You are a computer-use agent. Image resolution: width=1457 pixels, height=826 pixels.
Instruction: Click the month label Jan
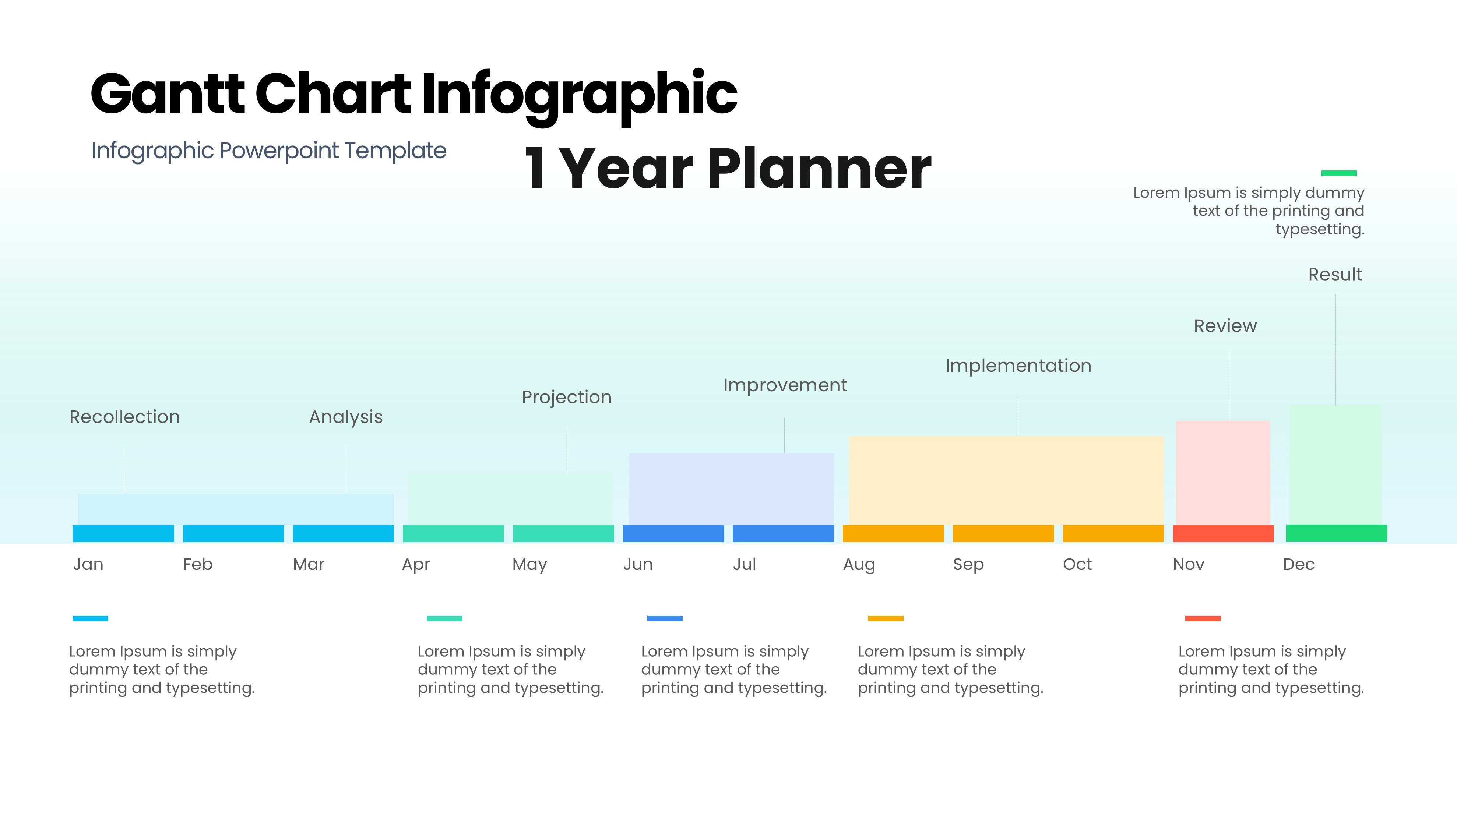[88, 565]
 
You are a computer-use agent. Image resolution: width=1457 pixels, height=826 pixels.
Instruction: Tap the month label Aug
[859, 565]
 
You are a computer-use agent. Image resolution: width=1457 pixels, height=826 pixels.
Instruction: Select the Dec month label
[1299, 565]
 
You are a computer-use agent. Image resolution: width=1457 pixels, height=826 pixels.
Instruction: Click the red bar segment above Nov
[1223, 533]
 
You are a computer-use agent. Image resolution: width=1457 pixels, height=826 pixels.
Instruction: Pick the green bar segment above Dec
[1336, 533]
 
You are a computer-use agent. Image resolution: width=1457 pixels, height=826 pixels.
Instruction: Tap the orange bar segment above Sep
[1003, 533]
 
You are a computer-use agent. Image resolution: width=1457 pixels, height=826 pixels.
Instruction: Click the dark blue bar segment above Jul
[783, 533]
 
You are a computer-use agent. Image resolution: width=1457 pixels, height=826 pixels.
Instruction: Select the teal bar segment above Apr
[453, 533]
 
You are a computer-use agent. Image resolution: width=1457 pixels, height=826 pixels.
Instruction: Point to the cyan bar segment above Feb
[233, 533]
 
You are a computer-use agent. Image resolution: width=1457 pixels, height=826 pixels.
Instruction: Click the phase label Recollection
[124, 417]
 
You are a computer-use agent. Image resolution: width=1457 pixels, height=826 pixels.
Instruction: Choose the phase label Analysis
[345, 417]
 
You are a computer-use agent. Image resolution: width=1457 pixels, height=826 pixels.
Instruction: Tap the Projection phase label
[566, 398]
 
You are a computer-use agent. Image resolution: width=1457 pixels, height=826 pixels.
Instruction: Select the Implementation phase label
[1018, 366]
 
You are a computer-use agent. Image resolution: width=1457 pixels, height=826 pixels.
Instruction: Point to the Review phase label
[1225, 326]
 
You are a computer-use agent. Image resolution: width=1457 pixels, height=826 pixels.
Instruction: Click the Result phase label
[1335, 275]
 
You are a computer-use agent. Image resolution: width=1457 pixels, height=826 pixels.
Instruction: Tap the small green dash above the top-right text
[1339, 173]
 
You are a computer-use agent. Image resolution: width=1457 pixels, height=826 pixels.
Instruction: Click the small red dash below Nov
[1203, 618]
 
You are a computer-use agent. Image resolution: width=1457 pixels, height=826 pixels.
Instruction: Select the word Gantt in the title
[168, 93]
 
